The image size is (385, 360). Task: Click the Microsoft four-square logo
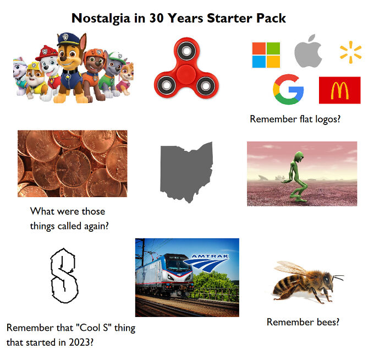[266, 54]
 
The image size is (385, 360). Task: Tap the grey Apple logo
[308, 53]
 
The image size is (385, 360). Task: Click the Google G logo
[288, 90]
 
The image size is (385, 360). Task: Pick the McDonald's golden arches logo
[339, 90]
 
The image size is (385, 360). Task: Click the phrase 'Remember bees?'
[302, 322]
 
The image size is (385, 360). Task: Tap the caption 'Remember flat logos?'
[294, 119]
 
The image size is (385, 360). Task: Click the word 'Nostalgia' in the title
[102, 18]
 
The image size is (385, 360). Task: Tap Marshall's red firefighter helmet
[45, 53]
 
